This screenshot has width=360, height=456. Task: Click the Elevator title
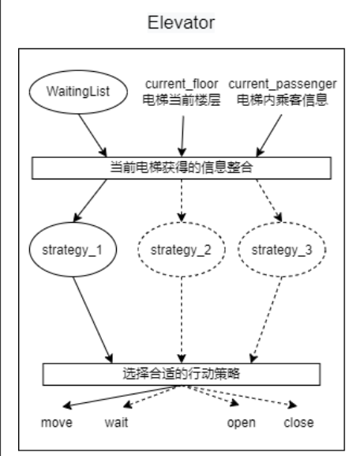181,23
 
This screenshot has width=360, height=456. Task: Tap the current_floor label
182,85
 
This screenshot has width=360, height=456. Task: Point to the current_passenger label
283,85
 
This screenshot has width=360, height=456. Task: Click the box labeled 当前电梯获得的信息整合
182,168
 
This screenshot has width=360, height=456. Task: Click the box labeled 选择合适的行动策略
182,374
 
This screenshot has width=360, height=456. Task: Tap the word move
57,423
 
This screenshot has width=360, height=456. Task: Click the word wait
116,423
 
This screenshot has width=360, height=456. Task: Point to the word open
242,423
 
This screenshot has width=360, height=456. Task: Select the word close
298,423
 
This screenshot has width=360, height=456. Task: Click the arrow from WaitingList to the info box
92,135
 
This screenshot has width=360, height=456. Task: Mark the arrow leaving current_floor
182,137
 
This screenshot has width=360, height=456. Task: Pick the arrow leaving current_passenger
269,135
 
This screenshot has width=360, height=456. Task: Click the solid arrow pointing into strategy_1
90,201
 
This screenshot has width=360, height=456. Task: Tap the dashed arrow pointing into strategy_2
182,201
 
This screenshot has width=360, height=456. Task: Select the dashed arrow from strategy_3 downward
266,320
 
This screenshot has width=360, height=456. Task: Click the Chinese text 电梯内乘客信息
283,100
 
